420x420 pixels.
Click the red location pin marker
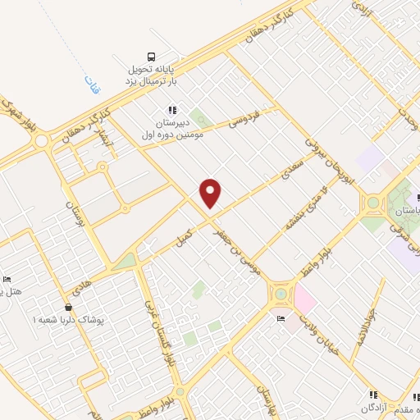[211, 193]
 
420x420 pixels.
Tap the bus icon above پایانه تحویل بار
[152, 57]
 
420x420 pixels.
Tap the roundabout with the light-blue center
[281, 291]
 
